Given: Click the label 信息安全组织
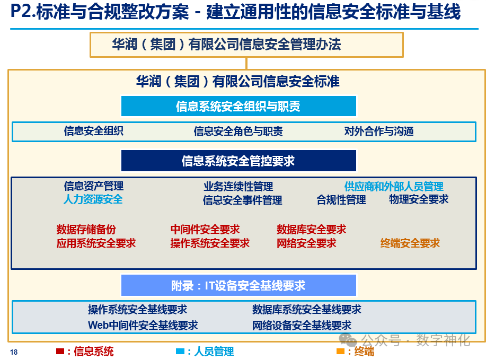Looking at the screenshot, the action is pyautogui.click(x=93, y=131).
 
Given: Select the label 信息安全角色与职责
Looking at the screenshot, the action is pyautogui.click(x=238, y=131).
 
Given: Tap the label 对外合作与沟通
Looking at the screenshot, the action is pyautogui.click(x=379, y=131).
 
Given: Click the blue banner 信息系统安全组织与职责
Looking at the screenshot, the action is pyautogui.click(x=238, y=107).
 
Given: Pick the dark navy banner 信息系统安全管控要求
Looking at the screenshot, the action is pyautogui.click(x=238, y=161).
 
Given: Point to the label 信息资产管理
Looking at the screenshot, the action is pyautogui.click(x=93, y=186).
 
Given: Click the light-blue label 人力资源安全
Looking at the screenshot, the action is pyautogui.click(x=93, y=199).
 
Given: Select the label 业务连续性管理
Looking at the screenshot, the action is pyautogui.click(x=238, y=187).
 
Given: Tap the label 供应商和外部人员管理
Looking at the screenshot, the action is pyautogui.click(x=394, y=187).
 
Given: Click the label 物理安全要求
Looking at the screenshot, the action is pyautogui.click(x=419, y=199).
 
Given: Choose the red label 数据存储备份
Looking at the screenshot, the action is pyautogui.click(x=86, y=230).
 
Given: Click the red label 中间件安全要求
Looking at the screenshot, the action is pyautogui.click(x=205, y=230).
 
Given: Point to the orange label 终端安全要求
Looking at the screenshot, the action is pyautogui.click(x=410, y=243).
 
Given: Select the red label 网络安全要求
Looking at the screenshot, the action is pyautogui.click(x=306, y=243).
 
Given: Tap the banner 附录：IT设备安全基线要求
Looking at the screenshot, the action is pyautogui.click(x=238, y=286).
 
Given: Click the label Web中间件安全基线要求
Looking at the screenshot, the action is pyautogui.click(x=143, y=325).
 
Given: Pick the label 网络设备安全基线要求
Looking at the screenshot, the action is pyautogui.click(x=302, y=325).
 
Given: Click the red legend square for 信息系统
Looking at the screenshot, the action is pyautogui.click(x=60, y=351).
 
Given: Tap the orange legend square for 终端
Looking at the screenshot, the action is pyautogui.click(x=340, y=351).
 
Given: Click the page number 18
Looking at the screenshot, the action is pyautogui.click(x=14, y=353).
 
